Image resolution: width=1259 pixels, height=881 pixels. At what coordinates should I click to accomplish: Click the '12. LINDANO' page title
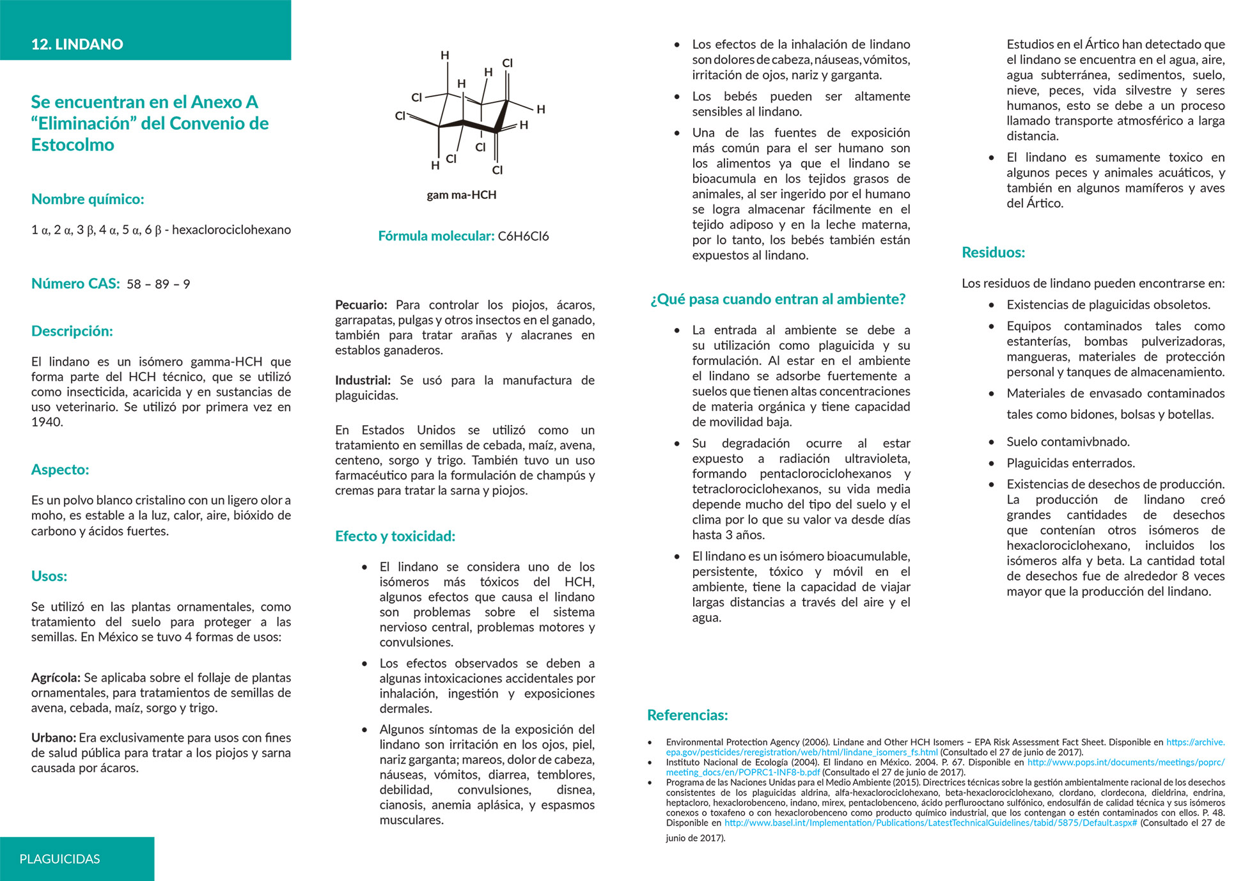[x=77, y=44]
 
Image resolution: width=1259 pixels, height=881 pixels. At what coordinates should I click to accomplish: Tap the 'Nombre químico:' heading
[x=88, y=199]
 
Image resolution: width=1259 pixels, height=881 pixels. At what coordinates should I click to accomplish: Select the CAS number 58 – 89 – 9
[x=158, y=284]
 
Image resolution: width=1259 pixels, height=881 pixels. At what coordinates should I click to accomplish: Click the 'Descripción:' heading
[x=72, y=331]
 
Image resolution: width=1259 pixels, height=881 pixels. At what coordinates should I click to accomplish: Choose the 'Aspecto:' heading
[x=60, y=469]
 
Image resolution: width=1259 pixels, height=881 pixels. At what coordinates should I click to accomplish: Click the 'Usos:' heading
[x=49, y=576]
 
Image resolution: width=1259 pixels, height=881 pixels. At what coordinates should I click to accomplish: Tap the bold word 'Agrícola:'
[x=56, y=678]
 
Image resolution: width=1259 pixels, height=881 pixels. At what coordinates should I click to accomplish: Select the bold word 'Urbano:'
[x=54, y=738]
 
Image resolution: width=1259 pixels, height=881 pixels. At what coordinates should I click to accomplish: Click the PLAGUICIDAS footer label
[x=59, y=859]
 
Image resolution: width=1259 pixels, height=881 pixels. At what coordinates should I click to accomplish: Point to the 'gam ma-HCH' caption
[x=461, y=195]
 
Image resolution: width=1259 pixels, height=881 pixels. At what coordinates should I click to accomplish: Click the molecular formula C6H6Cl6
[x=523, y=236]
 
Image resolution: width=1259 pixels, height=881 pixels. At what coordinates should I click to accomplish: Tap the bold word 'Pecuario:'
[x=361, y=305]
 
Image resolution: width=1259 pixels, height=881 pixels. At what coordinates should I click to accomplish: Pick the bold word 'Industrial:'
[x=363, y=380]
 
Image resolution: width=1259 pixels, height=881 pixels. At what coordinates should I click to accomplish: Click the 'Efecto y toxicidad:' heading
[x=395, y=536]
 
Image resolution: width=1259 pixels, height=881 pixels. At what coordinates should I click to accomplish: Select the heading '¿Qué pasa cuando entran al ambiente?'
[x=778, y=299]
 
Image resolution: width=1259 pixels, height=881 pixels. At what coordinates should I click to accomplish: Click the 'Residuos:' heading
[x=993, y=253]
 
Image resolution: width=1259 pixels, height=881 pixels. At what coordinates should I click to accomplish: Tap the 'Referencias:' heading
[x=687, y=715]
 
